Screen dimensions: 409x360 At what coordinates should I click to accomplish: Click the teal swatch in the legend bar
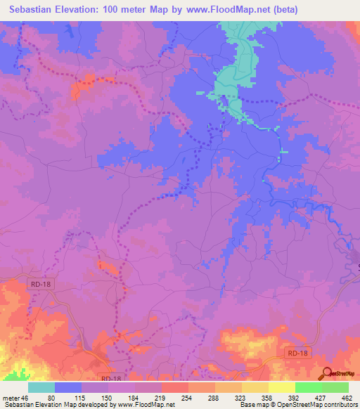[x=41, y=388]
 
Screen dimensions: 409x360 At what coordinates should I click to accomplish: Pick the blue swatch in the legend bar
[x=67, y=388]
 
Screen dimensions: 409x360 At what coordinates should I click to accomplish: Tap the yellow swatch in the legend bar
[x=281, y=388]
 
